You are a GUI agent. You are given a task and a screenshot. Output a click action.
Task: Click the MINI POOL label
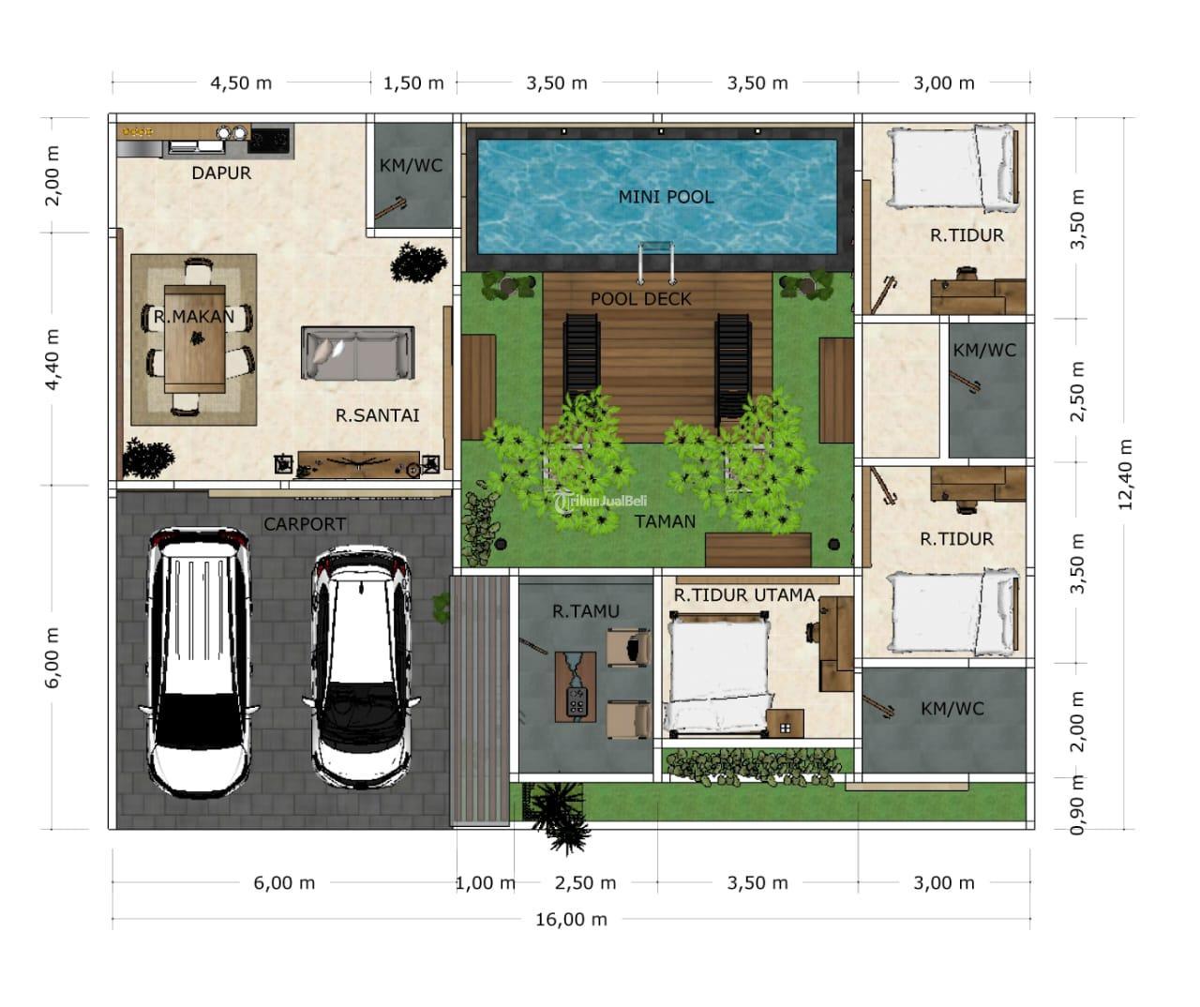(666, 197)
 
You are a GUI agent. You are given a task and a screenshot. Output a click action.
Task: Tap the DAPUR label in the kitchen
(221, 173)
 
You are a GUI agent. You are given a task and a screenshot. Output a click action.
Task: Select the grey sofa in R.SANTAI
(357, 353)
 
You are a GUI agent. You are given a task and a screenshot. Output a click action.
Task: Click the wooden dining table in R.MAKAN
(194, 339)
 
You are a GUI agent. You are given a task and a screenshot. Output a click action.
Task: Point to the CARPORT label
(305, 524)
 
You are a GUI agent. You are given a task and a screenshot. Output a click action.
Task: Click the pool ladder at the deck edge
(655, 263)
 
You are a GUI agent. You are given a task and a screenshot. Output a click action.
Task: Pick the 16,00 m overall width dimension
(571, 920)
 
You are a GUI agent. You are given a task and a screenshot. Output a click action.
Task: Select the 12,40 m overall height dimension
(1125, 474)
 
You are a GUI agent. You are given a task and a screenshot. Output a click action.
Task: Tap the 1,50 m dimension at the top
(413, 83)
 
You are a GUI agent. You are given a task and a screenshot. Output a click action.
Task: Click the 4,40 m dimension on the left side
(52, 360)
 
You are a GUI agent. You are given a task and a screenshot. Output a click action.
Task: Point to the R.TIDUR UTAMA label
(744, 595)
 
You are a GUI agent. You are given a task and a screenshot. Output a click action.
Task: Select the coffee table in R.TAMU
(576, 687)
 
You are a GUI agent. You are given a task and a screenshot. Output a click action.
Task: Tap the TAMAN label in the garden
(665, 522)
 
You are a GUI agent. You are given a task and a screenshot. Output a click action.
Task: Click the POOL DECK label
(641, 299)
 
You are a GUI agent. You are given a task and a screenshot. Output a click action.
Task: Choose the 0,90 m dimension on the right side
(1078, 804)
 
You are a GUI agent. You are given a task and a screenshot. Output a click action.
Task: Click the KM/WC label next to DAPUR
(411, 166)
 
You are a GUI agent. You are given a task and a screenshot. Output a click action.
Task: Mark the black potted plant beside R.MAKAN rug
(148, 458)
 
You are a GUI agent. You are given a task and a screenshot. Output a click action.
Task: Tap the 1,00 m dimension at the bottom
(485, 883)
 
